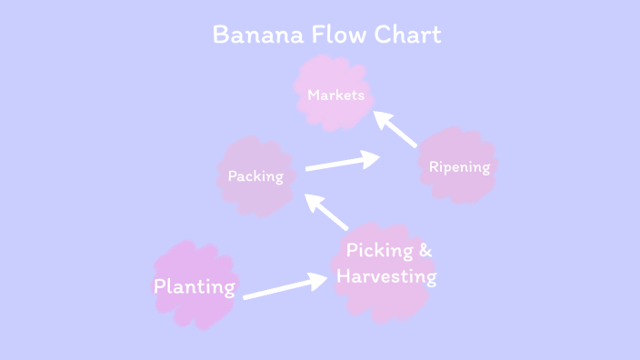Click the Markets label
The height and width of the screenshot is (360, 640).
click(x=335, y=95)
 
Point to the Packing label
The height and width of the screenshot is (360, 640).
click(x=255, y=176)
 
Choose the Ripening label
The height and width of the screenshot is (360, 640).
click(x=459, y=167)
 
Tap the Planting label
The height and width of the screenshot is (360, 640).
click(x=195, y=287)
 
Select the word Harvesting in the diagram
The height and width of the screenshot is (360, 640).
click(x=386, y=275)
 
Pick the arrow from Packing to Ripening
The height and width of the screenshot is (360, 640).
click(x=342, y=162)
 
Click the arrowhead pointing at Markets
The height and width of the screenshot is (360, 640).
click(x=382, y=117)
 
